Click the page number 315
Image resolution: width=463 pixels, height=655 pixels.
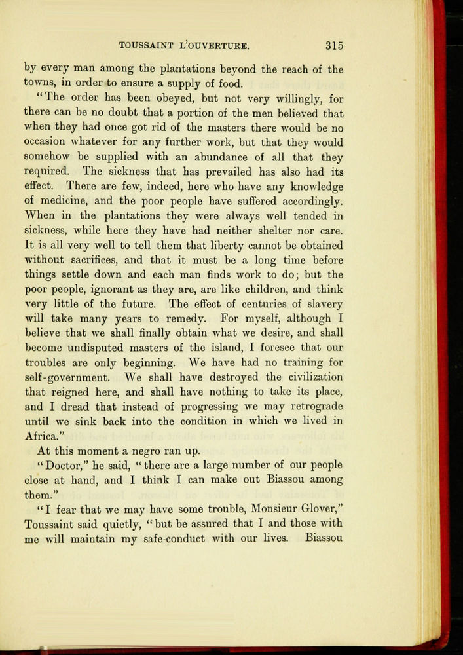click(334, 46)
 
